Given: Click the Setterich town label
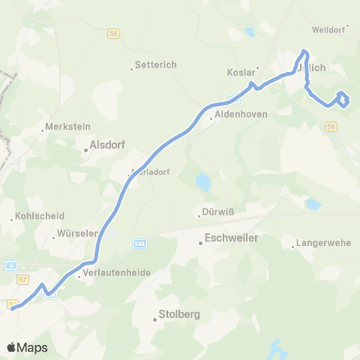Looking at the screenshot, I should pos(155,65).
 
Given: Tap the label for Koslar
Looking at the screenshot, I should pos(241,73).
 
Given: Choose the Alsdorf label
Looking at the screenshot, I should pos(106,146).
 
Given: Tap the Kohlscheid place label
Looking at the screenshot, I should pos(34,218).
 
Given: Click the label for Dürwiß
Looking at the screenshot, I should pos(219,212).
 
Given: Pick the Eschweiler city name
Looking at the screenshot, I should pos(232,238).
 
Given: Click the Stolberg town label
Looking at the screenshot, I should pos(178,315).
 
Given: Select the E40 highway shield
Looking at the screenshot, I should pos(139,243).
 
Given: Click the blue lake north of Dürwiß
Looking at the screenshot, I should pos(202,181).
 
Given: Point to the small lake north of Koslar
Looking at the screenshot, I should pos(249,31).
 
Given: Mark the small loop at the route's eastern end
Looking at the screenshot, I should pos(343,99).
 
